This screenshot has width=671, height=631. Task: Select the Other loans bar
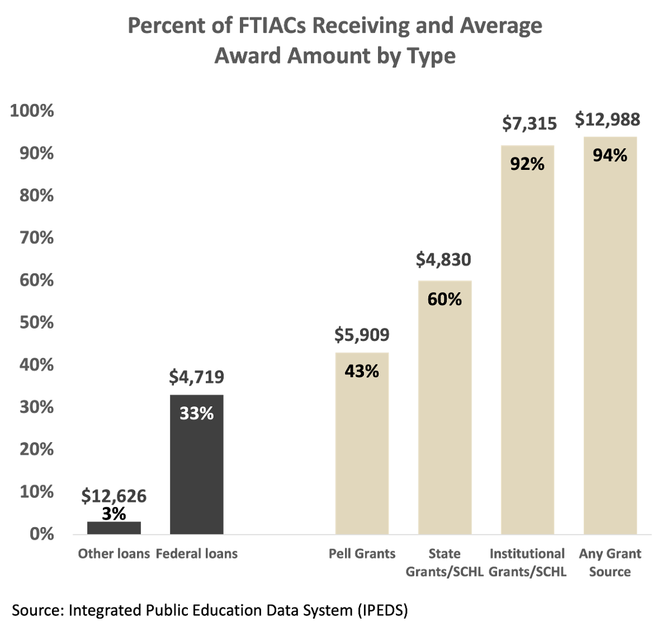click(114, 528)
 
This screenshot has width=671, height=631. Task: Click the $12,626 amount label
click(114, 496)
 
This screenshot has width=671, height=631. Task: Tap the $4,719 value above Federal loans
click(197, 377)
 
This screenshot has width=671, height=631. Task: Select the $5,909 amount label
click(362, 335)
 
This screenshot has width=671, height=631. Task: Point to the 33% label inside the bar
click(197, 414)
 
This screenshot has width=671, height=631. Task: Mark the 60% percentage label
click(445, 300)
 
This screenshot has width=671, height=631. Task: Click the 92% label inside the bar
click(527, 164)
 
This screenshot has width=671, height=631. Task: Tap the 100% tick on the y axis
click(32, 111)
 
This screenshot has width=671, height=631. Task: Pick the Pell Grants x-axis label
click(362, 554)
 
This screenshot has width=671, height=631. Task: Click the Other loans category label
click(114, 554)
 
